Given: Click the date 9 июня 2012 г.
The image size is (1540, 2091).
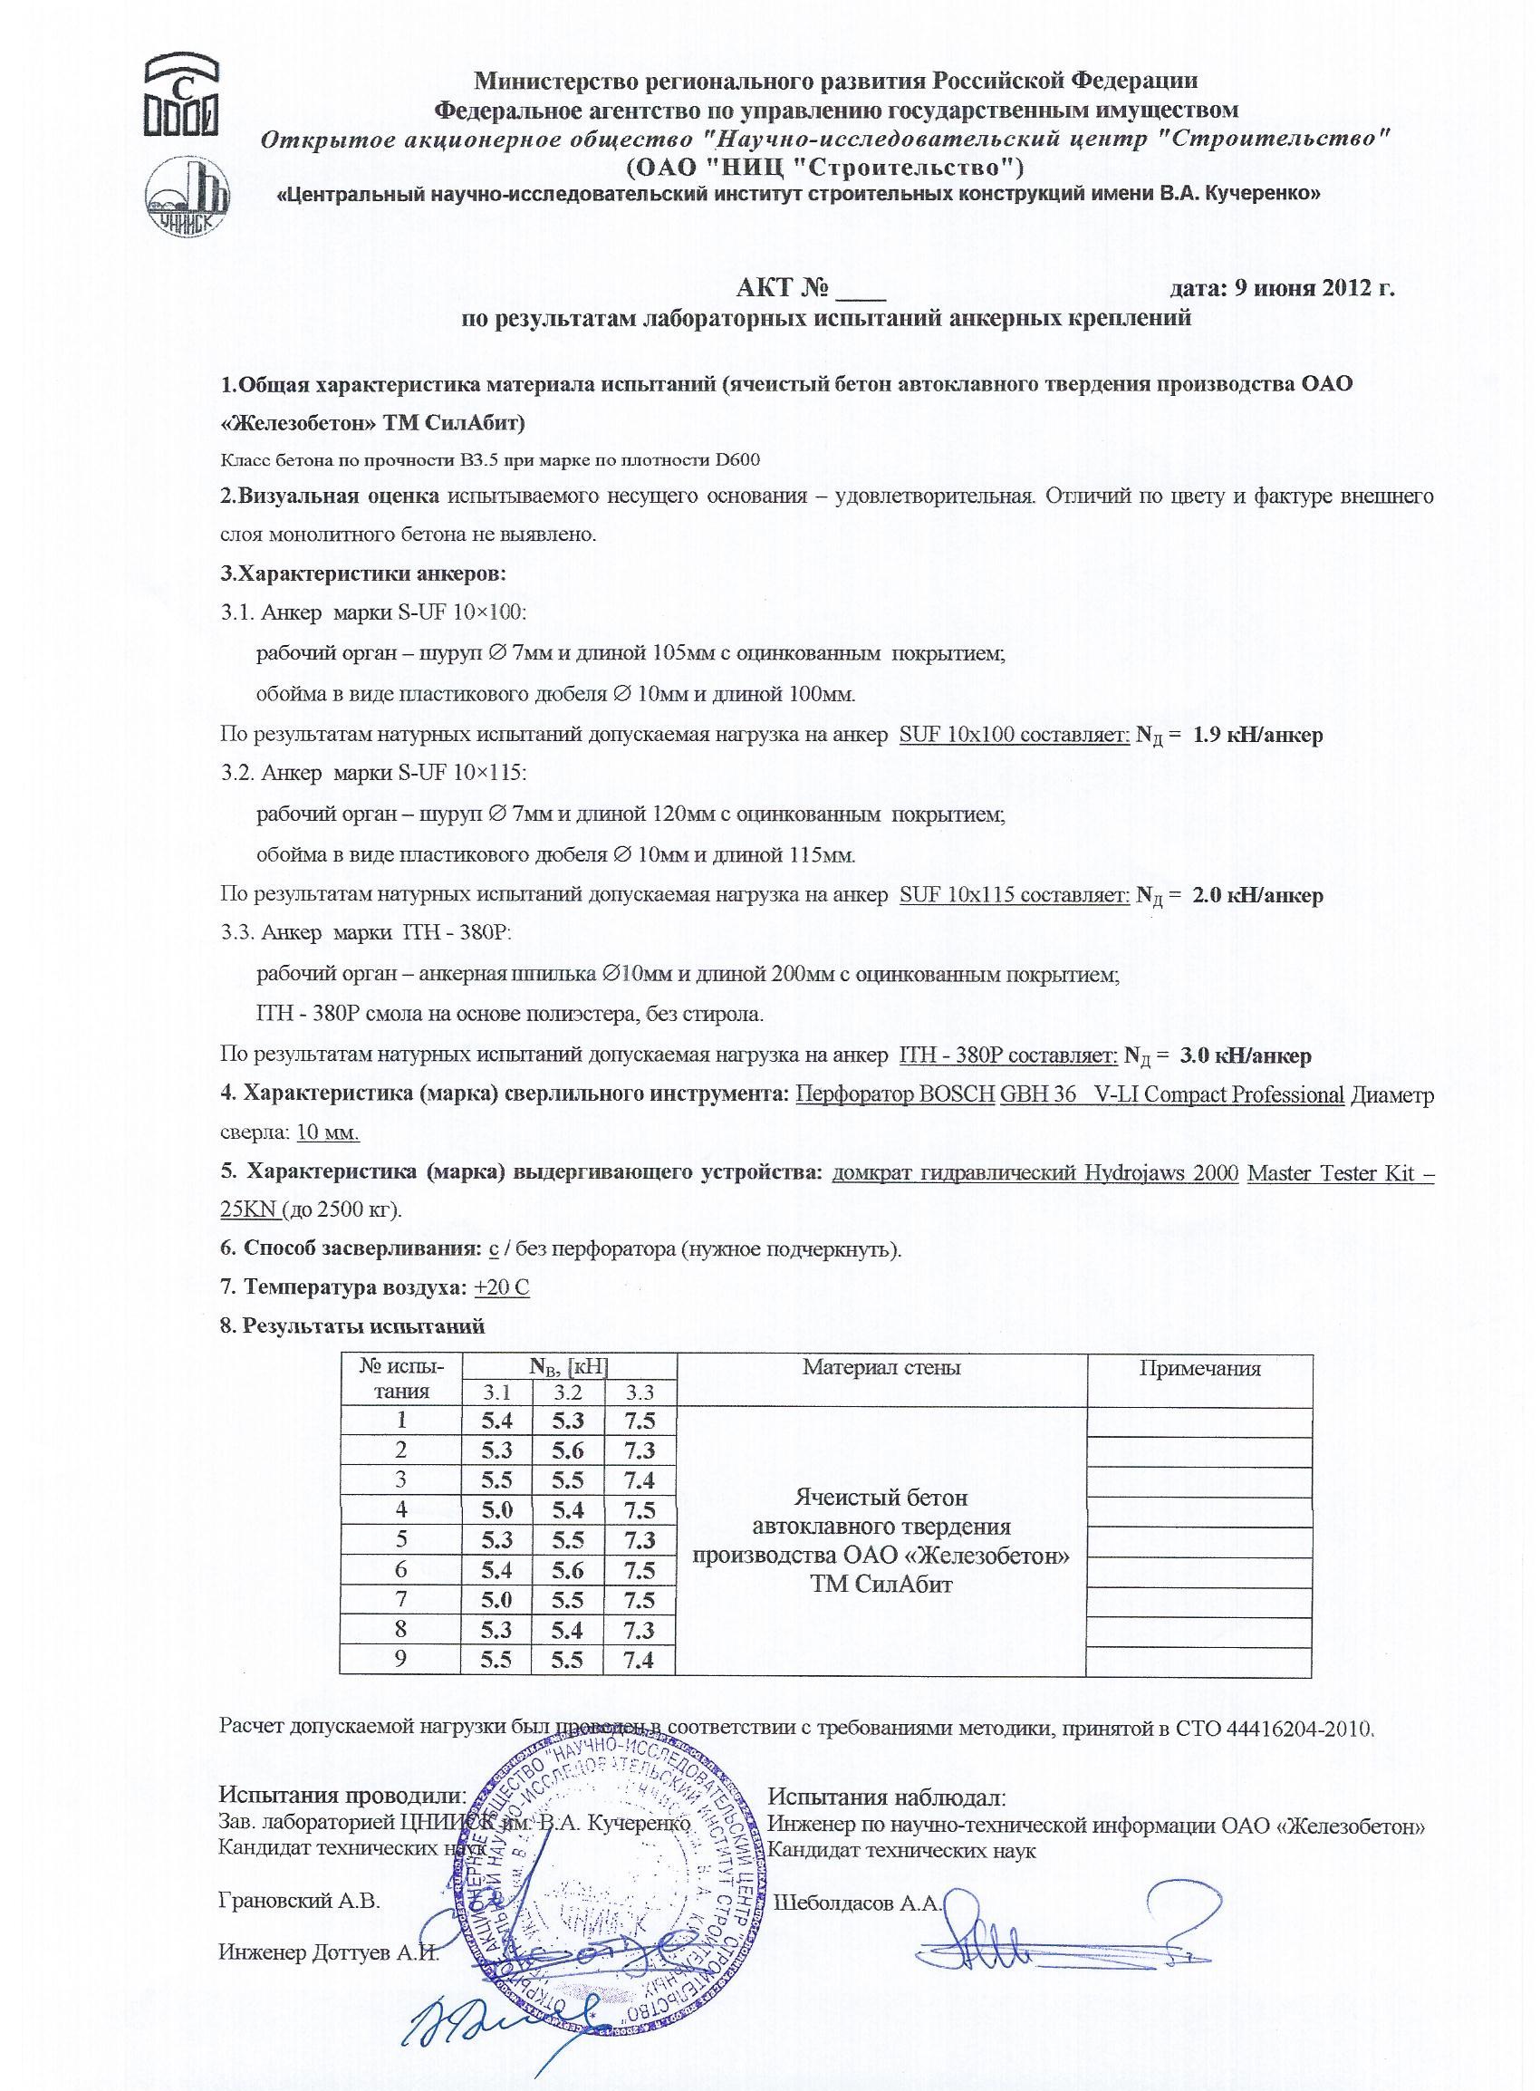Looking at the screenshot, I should point(1314,287).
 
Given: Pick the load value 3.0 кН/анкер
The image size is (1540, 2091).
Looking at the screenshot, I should point(1246,1056).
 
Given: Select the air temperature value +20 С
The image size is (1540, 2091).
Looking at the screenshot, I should point(502,1287).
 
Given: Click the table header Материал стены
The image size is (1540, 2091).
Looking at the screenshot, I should point(881,1368).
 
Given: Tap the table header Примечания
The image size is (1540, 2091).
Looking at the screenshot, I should point(1198,1369).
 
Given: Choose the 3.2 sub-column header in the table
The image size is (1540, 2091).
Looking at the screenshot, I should point(568,1393).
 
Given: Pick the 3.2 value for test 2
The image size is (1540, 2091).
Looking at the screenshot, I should point(568,1450).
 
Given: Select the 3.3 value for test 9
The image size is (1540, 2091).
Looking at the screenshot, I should point(639,1660).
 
